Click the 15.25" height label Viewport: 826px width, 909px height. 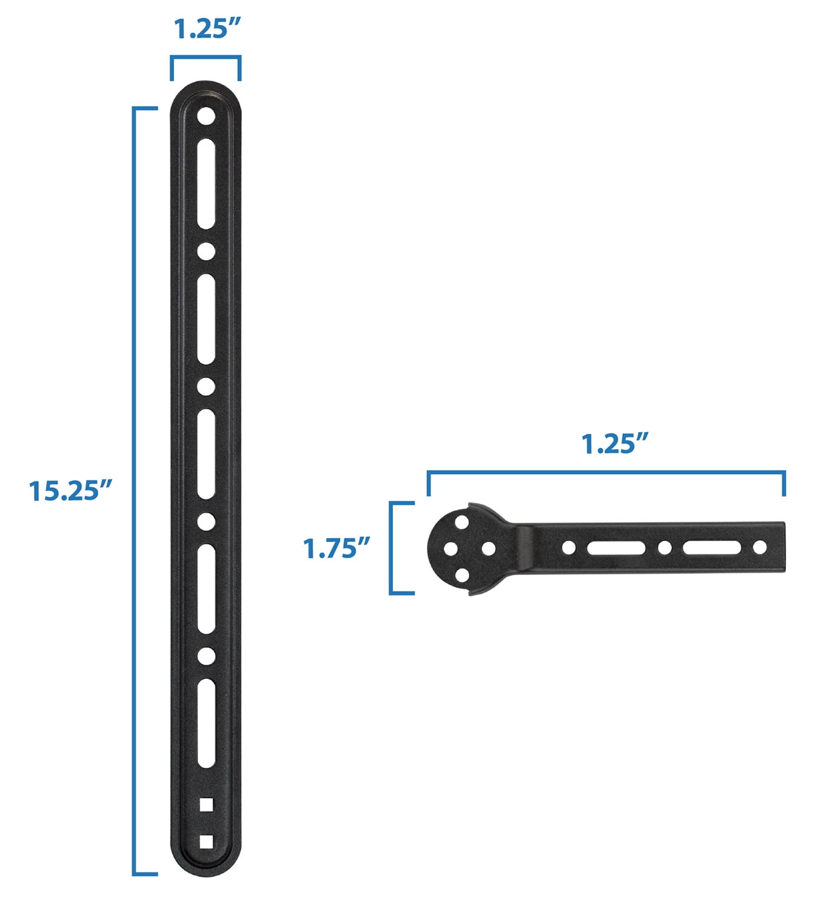tap(71, 490)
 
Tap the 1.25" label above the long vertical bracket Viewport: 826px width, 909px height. tap(205, 29)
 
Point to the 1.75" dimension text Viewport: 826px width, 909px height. tap(337, 549)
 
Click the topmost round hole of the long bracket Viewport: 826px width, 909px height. tap(206, 116)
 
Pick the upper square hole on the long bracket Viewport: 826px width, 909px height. tap(206, 804)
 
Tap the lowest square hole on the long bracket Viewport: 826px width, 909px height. tap(206, 842)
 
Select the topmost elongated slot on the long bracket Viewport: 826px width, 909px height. tap(206, 184)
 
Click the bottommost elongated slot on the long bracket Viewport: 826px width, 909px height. tap(206, 724)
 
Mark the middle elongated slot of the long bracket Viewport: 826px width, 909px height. tap(206, 454)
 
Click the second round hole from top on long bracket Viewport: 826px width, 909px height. tap(206, 251)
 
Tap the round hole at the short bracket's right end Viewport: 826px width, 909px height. tap(759, 548)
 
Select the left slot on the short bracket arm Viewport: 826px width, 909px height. tap(616, 548)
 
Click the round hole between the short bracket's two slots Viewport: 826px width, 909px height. tap(665, 548)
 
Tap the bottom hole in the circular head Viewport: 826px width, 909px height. tap(462, 575)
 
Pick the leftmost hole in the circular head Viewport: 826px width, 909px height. tap(450, 549)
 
